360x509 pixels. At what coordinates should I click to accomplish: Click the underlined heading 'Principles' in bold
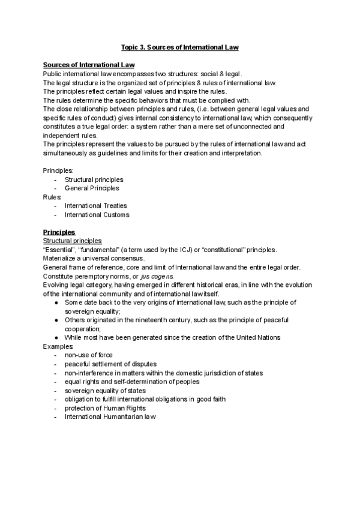[59, 232]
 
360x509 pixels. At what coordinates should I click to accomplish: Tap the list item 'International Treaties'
[96, 206]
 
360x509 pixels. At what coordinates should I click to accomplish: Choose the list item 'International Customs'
[97, 214]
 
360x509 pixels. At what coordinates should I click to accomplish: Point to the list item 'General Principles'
[92, 188]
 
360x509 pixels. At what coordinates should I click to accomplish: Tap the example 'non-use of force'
[88, 355]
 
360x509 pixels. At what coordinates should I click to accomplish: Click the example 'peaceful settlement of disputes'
[111, 364]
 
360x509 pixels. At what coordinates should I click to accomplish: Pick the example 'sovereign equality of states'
[105, 390]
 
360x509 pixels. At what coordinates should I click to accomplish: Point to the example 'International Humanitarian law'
[110, 417]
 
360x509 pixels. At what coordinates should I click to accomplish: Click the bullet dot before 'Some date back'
[56, 303]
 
